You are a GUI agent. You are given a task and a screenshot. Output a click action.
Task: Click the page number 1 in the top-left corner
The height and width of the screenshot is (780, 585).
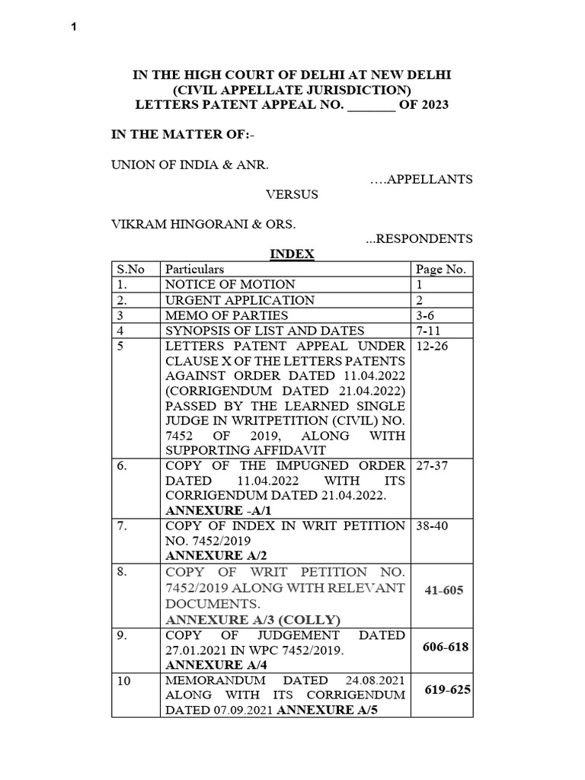tap(74, 28)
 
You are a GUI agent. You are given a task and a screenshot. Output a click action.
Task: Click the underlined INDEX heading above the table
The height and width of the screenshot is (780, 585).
tap(292, 254)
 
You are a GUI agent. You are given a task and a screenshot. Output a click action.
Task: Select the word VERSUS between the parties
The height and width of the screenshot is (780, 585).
tap(292, 194)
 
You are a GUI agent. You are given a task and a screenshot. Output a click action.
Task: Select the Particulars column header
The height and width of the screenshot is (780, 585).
tap(195, 270)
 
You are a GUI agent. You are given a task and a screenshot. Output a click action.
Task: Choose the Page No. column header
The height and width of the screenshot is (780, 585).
tap(441, 270)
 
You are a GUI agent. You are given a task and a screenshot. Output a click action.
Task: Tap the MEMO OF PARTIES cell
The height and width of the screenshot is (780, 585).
tap(226, 315)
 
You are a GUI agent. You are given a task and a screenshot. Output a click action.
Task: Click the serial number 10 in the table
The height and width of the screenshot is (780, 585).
tap(124, 681)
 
